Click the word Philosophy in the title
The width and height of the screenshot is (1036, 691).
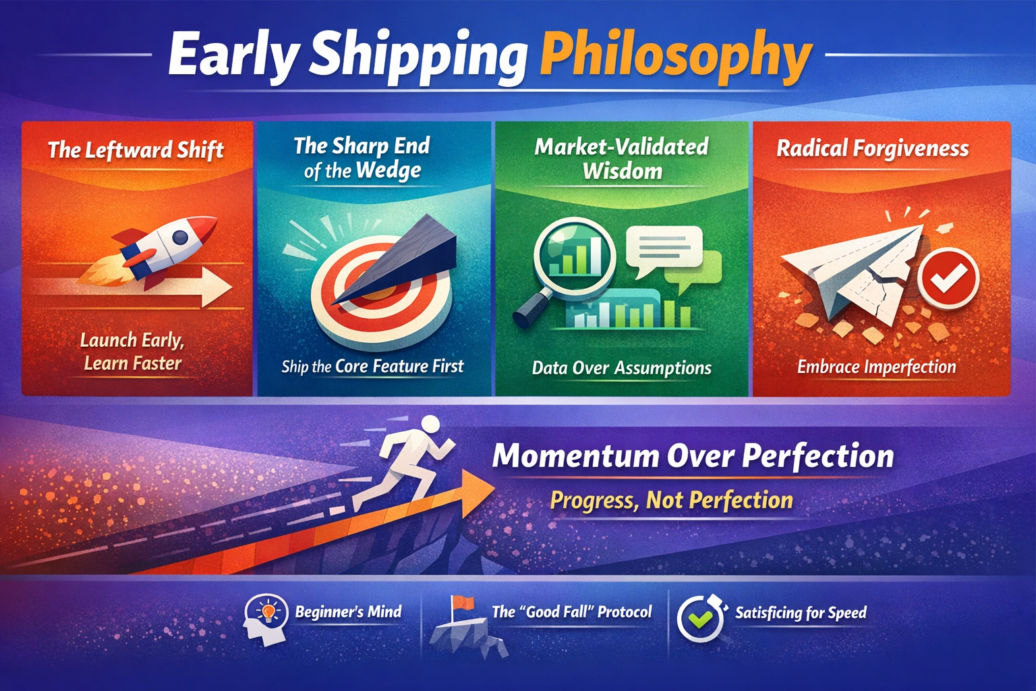point(676,57)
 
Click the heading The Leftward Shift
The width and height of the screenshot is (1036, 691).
point(136,150)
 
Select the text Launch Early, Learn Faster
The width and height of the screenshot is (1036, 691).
point(132,352)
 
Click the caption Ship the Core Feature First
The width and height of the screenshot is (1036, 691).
point(372,366)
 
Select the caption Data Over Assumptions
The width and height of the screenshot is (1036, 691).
point(621,368)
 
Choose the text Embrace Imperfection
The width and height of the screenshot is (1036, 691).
point(876,366)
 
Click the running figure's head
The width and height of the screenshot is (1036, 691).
point(430,424)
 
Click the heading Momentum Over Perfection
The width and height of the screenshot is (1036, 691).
point(693,456)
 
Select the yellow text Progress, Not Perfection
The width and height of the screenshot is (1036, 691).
point(671,500)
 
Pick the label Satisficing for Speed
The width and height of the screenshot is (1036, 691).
point(801,613)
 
